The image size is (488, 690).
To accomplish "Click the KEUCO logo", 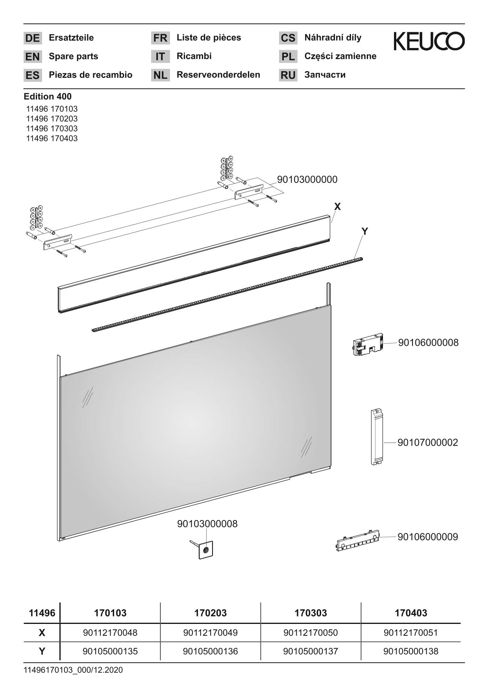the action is point(429,41).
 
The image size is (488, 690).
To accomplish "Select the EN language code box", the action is point(32,57).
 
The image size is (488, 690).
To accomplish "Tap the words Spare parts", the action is point(74,56).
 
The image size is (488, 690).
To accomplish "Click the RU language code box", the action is point(288,75).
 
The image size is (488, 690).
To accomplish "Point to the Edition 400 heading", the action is point(48,96).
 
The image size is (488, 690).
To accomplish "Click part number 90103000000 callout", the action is point(307,179).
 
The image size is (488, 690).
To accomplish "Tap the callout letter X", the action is point(337,207).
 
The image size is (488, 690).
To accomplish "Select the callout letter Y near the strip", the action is point(364,231).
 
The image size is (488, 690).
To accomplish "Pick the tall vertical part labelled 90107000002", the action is point(377,437).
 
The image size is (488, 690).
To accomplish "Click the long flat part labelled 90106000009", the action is point(358,541).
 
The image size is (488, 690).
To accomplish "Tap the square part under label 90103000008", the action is point(205,550).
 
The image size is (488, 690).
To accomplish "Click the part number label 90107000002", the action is point(428,443).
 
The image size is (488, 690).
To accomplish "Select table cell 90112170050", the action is point(311,633).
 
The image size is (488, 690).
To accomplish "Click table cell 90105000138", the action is point(411,651).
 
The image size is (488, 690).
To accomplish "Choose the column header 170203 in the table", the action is point(211,613).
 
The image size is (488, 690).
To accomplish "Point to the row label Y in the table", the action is point(42,651).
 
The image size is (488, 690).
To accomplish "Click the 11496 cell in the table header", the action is point(42,613).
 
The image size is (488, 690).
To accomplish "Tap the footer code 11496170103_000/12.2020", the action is point(73,670).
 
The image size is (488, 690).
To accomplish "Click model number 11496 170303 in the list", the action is point(52,129).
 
